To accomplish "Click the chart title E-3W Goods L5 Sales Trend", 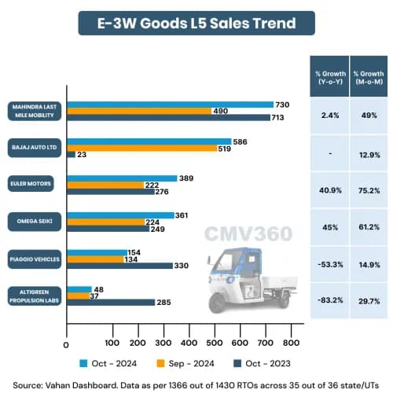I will (x=196, y=23).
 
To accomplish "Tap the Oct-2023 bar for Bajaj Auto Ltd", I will (x=71, y=155).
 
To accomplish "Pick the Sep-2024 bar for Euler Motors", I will (x=104, y=185).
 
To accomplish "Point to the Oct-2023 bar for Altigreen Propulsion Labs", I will (x=110, y=302).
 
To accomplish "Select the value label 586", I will (x=242, y=141).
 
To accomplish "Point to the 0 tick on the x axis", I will (x=66, y=343).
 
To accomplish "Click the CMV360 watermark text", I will (x=248, y=233).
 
